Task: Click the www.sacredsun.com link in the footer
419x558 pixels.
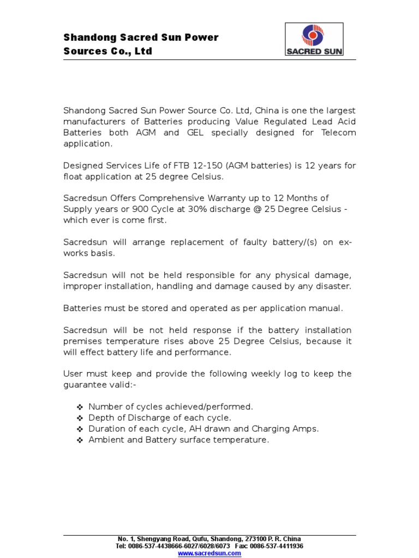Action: pyautogui.click(x=209, y=553)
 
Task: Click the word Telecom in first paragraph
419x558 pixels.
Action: pyautogui.click(x=338, y=132)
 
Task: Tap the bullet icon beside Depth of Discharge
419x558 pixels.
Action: pyautogui.click(x=79, y=418)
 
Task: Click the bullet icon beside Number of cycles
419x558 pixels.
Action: pyautogui.click(x=79, y=407)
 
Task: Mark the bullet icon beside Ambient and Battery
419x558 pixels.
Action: pyautogui.click(x=79, y=440)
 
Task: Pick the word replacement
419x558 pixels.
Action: pyautogui.click(x=206, y=242)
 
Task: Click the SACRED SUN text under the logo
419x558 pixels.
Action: pyautogui.click(x=314, y=52)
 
